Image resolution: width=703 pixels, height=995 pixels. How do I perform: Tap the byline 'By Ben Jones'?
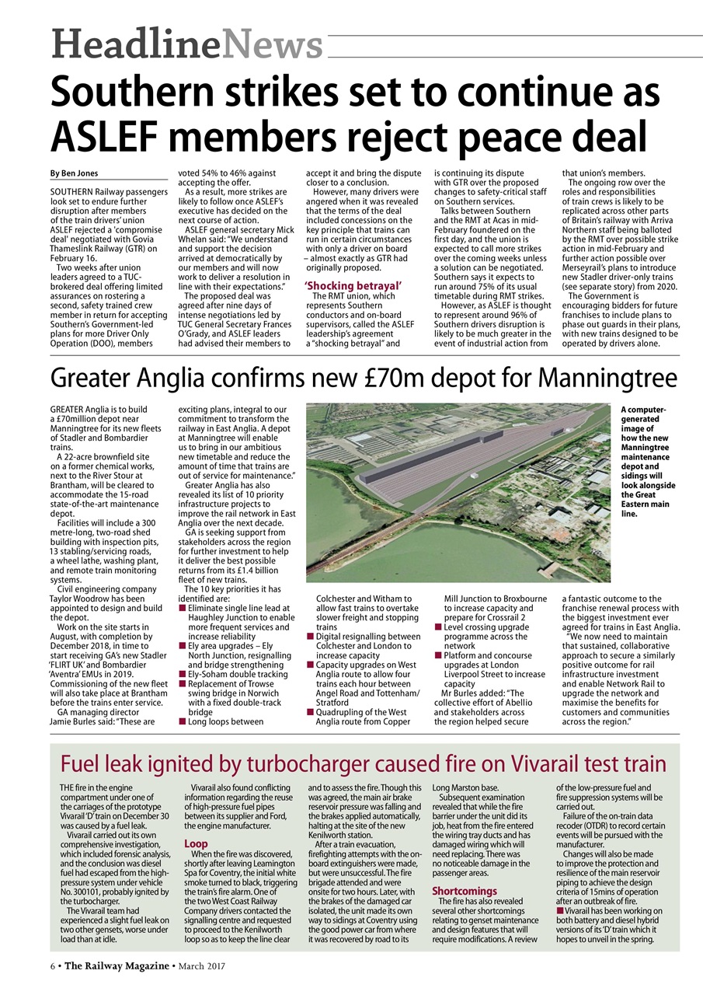(x=75, y=173)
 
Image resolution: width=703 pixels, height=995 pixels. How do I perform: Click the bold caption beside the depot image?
(x=649, y=461)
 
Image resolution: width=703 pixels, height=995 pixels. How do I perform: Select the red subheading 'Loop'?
(x=195, y=843)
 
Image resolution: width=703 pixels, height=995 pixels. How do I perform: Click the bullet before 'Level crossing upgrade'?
(x=438, y=627)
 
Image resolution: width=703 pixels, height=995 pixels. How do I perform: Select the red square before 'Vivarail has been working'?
(x=560, y=910)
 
